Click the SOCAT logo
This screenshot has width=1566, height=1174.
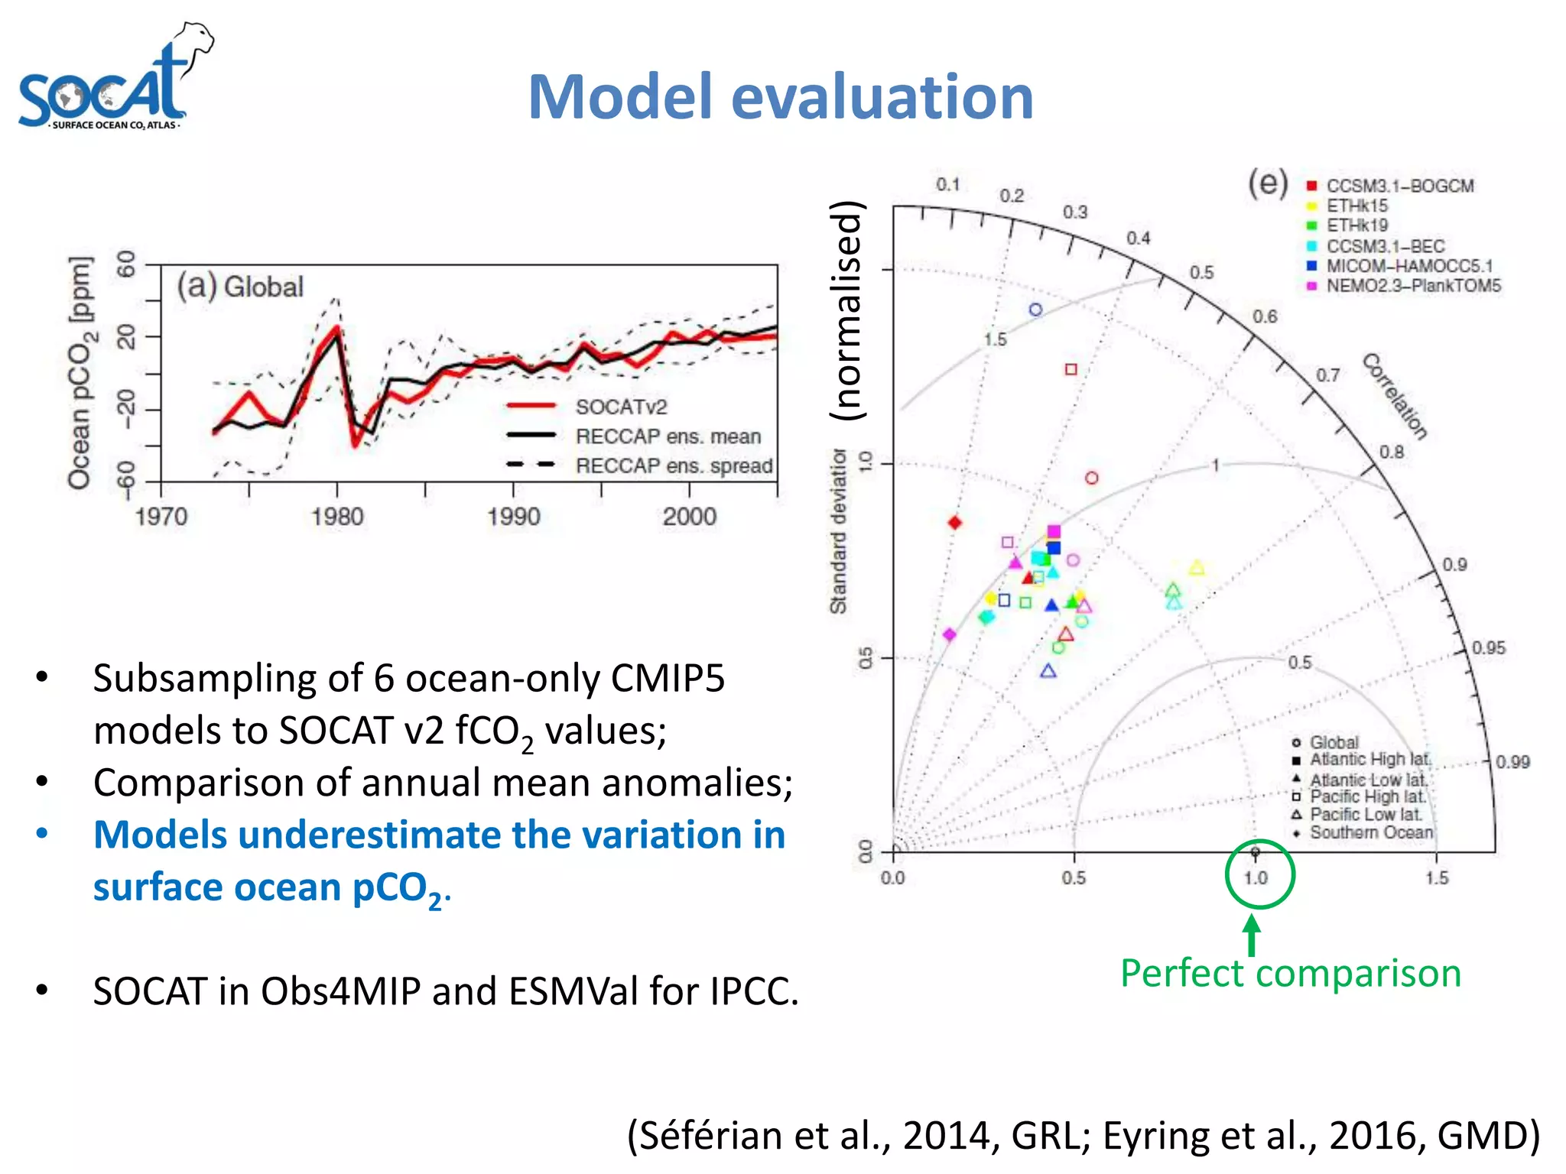pyautogui.click(x=115, y=80)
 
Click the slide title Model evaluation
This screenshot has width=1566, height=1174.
pyautogui.click(x=781, y=97)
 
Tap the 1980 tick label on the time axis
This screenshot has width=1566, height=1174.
pyautogui.click(x=337, y=517)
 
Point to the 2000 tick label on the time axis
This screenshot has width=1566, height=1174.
pyautogui.click(x=689, y=517)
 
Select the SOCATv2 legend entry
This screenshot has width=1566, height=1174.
pyautogui.click(x=620, y=407)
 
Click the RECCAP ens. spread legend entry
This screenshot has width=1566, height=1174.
pyautogui.click(x=673, y=465)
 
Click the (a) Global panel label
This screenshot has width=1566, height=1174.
pyautogui.click(x=240, y=287)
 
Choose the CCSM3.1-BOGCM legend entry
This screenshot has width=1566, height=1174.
pyautogui.click(x=1399, y=186)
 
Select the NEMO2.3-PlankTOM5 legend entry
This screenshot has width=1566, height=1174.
pyautogui.click(x=1413, y=286)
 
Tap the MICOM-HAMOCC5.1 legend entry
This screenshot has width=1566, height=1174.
pyautogui.click(x=1408, y=266)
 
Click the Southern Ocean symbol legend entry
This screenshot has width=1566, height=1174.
pyautogui.click(x=1370, y=833)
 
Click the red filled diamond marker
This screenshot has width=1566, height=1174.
pyautogui.click(x=954, y=523)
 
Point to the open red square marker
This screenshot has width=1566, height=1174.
pyautogui.click(x=1071, y=369)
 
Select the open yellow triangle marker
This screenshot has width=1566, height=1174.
pyautogui.click(x=1197, y=568)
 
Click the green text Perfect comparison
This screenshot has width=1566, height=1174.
pyautogui.click(x=1291, y=974)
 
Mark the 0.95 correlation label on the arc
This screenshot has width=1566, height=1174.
pyautogui.click(x=1488, y=648)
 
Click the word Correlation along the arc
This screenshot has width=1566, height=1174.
pyautogui.click(x=1395, y=396)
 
